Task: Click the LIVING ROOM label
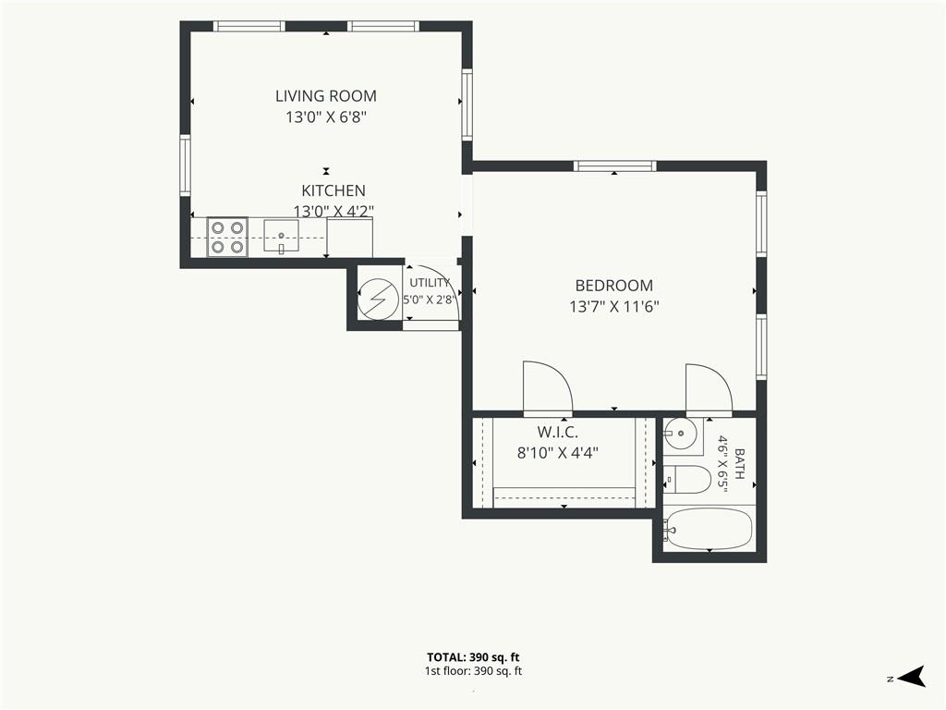(326, 96)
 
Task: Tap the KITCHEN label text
(333, 190)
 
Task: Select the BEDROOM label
(613, 286)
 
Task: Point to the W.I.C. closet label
(557, 433)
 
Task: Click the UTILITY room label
(430, 283)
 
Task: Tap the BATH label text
(740, 463)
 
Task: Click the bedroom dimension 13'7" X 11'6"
(613, 307)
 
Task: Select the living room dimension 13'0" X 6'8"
(326, 117)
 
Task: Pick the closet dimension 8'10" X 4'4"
(557, 453)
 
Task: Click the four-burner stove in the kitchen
(227, 238)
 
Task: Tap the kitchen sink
(281, 236)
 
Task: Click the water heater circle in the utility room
(378, 299)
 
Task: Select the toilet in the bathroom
(687, 480)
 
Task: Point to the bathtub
(708, 529)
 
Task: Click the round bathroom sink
(681, 433)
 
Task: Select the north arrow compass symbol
(912, 676)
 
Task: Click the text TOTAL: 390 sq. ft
(473, 657)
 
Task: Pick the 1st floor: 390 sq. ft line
(473, 671)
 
